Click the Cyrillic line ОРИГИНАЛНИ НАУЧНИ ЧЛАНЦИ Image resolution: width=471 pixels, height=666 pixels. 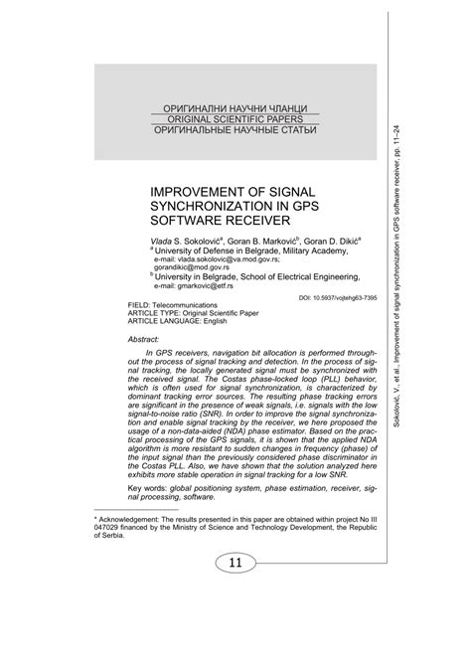(x=235, y=106)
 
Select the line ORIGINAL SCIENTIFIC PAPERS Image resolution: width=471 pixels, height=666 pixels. (x=235, y=118)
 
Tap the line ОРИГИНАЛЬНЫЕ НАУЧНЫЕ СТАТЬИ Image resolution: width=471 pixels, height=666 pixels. (x=235, y=130)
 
